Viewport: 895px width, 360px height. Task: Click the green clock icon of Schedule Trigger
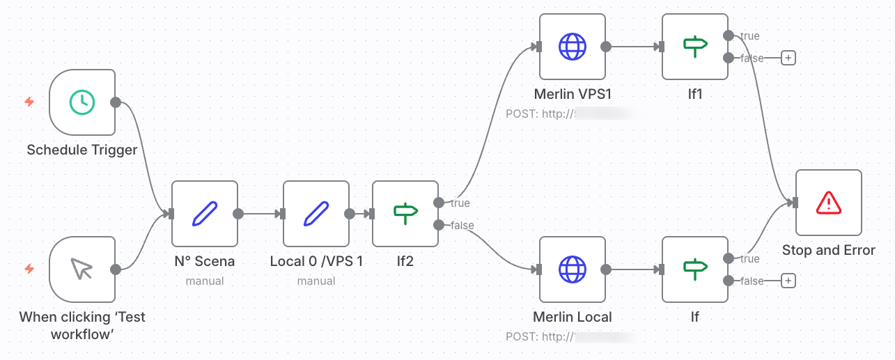click(x=82, y=102)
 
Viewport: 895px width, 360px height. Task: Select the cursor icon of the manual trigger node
click(x=82, y=269)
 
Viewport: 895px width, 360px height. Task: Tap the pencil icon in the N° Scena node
click(x=205, y=213)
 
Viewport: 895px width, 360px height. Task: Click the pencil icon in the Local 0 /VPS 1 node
click(x=316, y=213)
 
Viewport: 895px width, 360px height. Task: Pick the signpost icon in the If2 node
click(x=405, y=213)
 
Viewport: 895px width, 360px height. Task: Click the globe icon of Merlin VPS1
click(x=573, y=47)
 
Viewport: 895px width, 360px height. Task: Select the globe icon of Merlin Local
click(x=573, y=269)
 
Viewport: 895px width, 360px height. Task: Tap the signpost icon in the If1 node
click(x=695, y=47)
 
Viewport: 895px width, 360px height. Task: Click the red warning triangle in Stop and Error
click(x=829, y=203)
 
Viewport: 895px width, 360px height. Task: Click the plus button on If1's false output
click(x=788, y=58)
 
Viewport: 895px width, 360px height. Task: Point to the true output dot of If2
click(x=438, y=203)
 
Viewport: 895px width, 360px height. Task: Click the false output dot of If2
click(x=438, y=224)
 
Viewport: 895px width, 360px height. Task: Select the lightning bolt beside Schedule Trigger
click(x=29, y=102)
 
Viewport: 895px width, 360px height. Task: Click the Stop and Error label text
click(x=828, y=250)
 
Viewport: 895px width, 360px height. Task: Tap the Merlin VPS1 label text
click(x=573, y=94)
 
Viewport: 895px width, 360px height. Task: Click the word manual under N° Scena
click(x=205, y=281)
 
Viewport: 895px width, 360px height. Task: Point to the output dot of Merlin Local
click(x=606, y=269)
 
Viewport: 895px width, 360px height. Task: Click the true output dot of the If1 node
click(x=728, y=36)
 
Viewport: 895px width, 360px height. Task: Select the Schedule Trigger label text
click(x=82, y=150)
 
